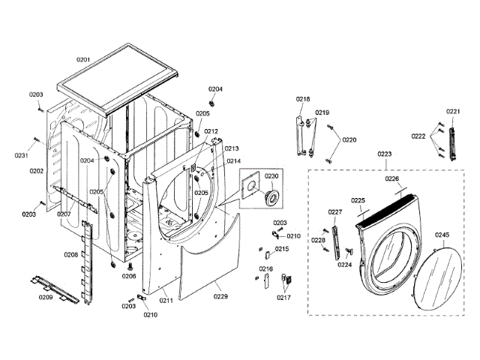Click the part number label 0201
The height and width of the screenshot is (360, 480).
[83, 58]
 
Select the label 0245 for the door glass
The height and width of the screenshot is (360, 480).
[442, 235]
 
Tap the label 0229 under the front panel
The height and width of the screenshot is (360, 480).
[220, 297]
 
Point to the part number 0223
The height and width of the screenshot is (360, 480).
[385, 154]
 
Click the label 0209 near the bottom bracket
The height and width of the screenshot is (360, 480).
[45, 298]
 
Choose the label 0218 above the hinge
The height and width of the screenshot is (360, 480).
[303, 99]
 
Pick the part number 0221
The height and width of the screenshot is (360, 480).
[452, 112]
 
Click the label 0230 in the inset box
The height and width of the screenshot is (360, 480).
[271, 176]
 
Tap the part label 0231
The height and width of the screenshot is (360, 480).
[21, 155]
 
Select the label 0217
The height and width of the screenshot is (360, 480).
[283, 298]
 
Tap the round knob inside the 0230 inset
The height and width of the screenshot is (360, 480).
[270, 196]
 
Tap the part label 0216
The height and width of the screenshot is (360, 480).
[266, 268]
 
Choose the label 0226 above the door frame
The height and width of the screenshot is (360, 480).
[392, 179]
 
